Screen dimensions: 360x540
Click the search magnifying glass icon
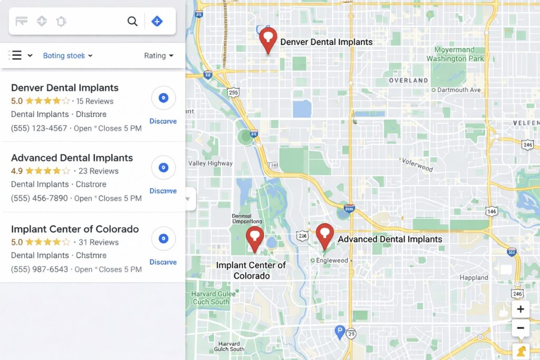[132, 22]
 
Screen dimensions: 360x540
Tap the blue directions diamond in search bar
[157, 22]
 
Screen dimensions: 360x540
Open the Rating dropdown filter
[158, 56]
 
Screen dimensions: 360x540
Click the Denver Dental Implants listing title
[64, 88]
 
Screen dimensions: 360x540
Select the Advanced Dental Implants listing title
[72, 158]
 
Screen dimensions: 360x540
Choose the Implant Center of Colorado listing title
[75, 229]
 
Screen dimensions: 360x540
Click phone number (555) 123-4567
[39, 128]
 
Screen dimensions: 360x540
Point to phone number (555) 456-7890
[40, 198]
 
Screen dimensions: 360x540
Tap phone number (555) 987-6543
[40, 269]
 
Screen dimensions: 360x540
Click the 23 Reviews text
[99, 171]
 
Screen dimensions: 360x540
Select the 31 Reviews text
[99, 242]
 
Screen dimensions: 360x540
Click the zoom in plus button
[520, 309]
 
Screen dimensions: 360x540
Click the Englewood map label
[332, 260]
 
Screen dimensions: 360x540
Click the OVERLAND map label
[408, 81]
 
